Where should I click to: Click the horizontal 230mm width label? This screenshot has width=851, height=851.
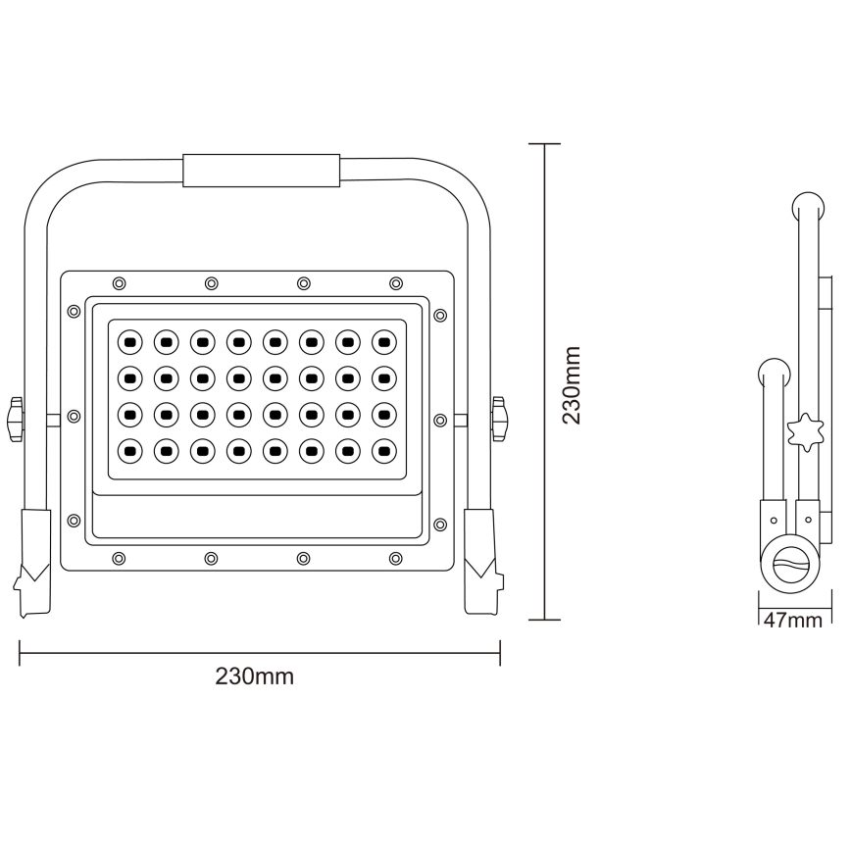tap(254, 676)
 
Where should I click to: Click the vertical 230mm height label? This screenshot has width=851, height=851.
tap(572, 384)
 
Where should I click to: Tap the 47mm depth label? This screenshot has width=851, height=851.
tap(792, 620)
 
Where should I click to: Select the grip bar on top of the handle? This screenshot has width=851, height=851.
tap(262, 169)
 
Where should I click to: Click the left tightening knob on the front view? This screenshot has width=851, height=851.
tap(16, 419)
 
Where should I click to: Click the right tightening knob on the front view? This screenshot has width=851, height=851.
tap(500, 419)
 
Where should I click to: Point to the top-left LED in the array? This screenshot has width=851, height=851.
tap(128, 342)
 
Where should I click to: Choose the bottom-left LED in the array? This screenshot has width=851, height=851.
tap(128, 451)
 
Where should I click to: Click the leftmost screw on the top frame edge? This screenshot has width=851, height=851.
tap(119, 283)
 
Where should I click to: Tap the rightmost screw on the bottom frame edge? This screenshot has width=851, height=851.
tap(396, 558)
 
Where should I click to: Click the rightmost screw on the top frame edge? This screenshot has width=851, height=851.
tap(396, 283)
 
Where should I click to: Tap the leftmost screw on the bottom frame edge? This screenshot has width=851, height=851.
tap(119, 558)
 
